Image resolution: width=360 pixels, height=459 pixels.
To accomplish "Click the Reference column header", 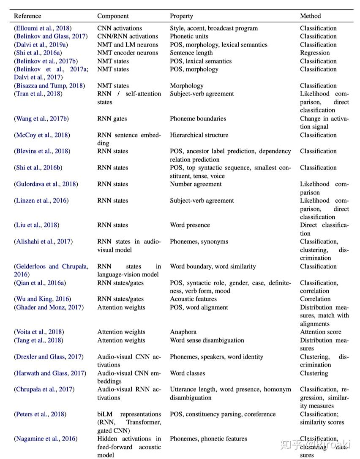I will pos(27,16).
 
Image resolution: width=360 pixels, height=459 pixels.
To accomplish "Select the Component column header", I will pos(113,16).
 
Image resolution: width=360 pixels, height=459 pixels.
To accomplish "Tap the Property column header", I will pos(181,16).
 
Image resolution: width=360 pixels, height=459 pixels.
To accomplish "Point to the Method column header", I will pos(310,16).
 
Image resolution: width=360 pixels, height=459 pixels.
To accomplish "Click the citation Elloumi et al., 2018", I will pos(43,28).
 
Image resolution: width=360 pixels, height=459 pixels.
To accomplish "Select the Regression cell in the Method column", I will pos(315,53).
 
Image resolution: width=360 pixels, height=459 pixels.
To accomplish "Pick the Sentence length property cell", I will pos(194,53).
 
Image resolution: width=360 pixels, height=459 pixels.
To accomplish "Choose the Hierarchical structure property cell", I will pos(199,135).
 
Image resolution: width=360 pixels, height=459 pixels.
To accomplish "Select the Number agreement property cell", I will pos(196,184).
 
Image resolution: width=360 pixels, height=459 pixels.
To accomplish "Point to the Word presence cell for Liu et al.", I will pos(190,225).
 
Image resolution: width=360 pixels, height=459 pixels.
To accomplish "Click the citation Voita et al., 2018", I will pos(39,332).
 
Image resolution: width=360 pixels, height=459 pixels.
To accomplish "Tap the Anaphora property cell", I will pos(183,332).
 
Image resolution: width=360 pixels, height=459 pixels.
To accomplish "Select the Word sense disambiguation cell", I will pos(207,340).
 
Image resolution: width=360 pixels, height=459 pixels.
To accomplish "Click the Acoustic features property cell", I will pos(194,299).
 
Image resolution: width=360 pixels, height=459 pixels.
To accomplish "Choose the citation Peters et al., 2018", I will pos(40,414).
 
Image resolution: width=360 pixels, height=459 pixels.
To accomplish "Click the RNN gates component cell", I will pos(112,119).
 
